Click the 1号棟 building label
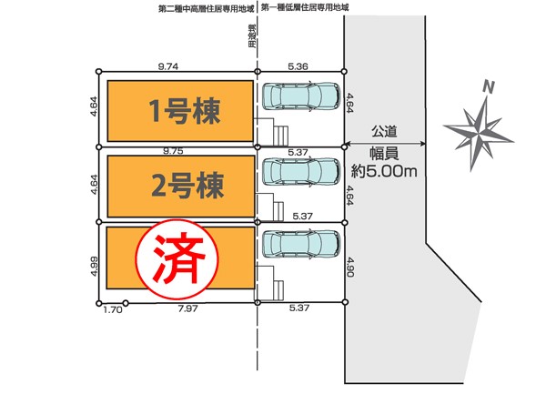[x=185, y=111]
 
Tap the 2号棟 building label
[x=187, y=185]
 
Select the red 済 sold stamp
[x=177, y=259]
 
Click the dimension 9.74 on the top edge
[x=168, y=66]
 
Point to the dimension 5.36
[x=298, y=66]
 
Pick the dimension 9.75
[x=173, y=151]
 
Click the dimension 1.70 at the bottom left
[x=113, y=309]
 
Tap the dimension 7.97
[x=187, y=308]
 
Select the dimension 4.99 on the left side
[x=94, y=266]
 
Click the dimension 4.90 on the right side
[x=350, y=267]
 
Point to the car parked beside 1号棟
[x=301, y=96]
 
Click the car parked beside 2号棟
[x=301, y=172]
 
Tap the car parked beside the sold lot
[x=301, y=243]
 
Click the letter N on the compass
[x=489, y=87]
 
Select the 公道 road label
[x=384, y=132]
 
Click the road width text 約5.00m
[x=384, y=171]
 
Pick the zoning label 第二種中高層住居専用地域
[x=207, y=9]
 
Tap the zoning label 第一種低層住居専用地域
[x=305, y=7]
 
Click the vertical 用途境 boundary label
[x=253, y=36]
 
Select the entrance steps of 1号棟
[x=280, y=136]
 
